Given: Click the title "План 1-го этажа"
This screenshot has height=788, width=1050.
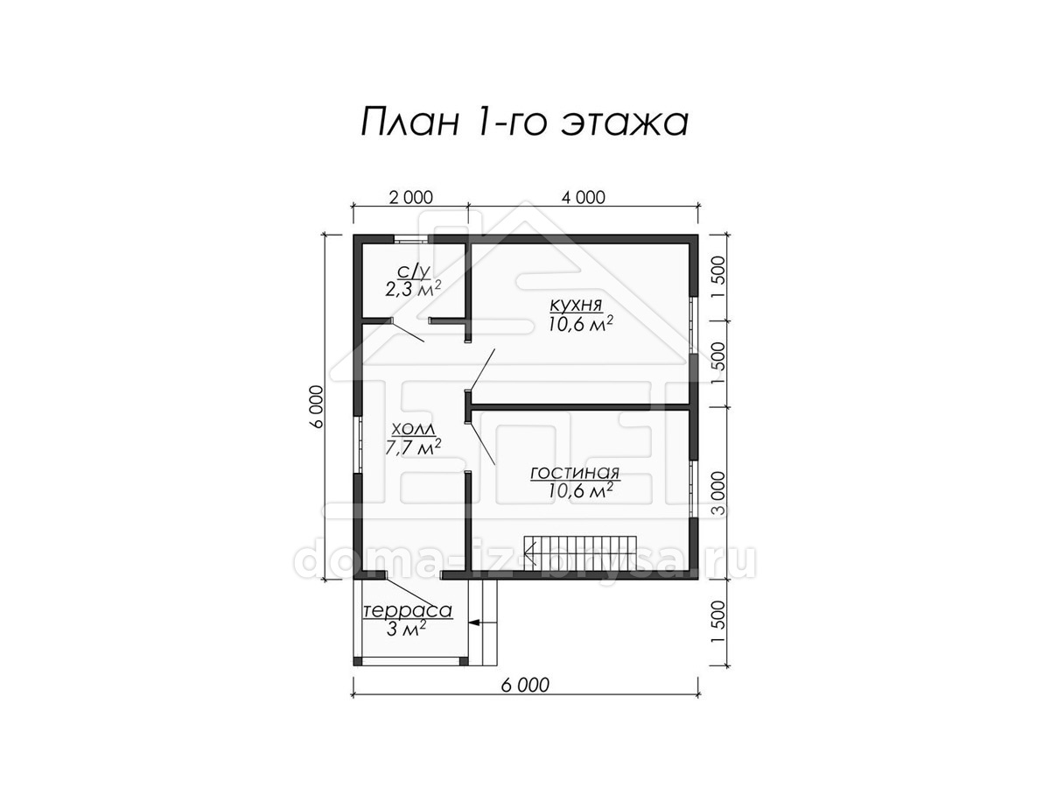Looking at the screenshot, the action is pyautogui.click(x=524, y=123).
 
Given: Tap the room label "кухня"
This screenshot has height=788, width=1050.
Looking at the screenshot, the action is pyautogui.click(x=576, y=305).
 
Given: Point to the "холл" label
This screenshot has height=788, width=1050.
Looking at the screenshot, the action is pyautogui.click(x=413, y=429).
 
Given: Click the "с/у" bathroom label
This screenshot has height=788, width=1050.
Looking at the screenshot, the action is pyautogui.click(x=414, y=271).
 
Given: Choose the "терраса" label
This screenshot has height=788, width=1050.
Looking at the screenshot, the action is pyautogui.click(x=408, y=611).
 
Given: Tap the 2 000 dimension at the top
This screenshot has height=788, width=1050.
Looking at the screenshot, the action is pyautogui.click(x=410, y=197).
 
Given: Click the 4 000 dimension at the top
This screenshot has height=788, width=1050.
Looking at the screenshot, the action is pyautogui.click(x=583, y=197).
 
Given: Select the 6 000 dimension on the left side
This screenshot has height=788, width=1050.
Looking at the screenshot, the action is pyautogui.click(x=317, y=406).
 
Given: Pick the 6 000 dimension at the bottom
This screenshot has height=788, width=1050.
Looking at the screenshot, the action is pyautogui.click(x=525, y=686).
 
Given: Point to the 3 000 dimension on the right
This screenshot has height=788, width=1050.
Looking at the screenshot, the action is pyautogui.click(x=718, y=493).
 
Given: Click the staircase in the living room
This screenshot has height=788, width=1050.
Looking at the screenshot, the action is pyautogui.click(x=580, y=553).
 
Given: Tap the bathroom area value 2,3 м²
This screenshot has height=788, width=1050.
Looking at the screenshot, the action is pyautogui.click(x=413, y=289).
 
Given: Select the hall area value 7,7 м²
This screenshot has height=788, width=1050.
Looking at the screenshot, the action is pyautogui.click(x=413, y=447).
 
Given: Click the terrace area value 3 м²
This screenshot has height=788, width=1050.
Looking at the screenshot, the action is pyautogui.click(x=406, y=629).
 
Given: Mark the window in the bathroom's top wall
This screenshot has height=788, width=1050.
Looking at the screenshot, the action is pyautogui.click(x=412, y=239).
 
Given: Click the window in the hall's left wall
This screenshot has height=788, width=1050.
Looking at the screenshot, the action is pyautogui.click(x=358, y=445).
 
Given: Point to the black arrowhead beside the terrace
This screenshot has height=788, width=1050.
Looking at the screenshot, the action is pyautogui.click(x=474, y=623).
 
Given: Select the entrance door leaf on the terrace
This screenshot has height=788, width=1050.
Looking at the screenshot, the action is pyautogui.click(x=409, y=594).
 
